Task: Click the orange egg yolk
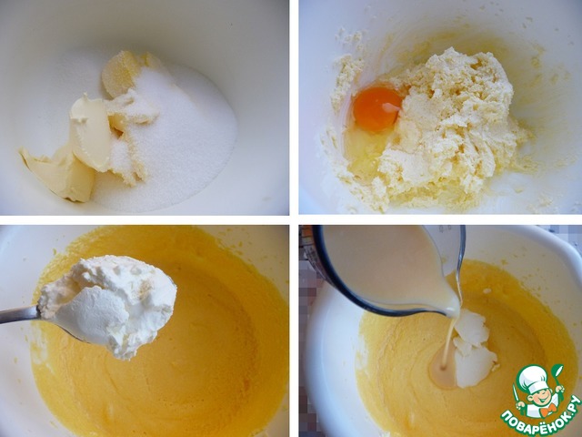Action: [x=376, y=108]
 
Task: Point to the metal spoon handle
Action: [x=18, y=315]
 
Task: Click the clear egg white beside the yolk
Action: [x=363, y=152]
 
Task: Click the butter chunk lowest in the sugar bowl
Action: [x=59, y=175]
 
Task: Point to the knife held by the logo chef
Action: [x=517, y=397]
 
